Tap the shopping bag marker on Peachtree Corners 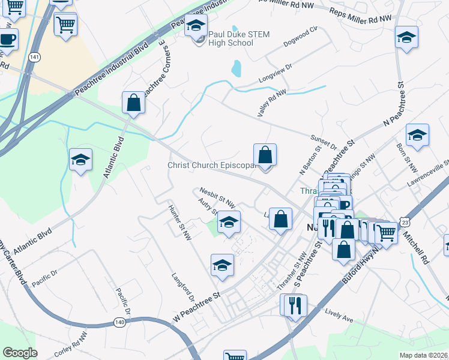point(133,103)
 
